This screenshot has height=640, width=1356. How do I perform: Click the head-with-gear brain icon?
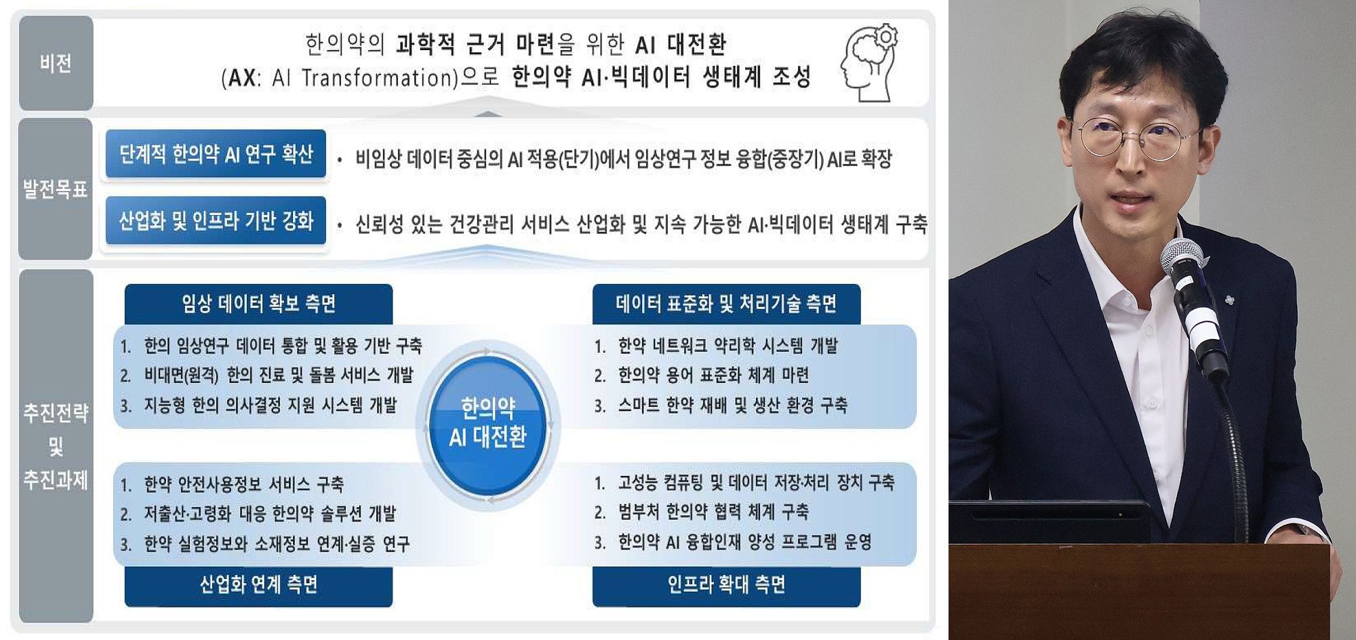click(870, 63)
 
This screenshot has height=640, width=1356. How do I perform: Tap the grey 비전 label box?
click(56, 63)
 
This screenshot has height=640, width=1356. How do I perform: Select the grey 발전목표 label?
click(56, 189)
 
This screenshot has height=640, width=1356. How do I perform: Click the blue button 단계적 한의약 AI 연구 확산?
click(216, 154)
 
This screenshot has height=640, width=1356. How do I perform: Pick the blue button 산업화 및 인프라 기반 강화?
click(216, 220)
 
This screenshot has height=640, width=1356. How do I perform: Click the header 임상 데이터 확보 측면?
click(258, 304)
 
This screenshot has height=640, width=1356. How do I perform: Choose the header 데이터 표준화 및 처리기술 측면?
click(726, 304)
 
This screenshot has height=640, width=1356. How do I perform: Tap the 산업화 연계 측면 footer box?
click(258, 585)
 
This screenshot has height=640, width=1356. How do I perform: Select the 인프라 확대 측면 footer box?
click(726, 585)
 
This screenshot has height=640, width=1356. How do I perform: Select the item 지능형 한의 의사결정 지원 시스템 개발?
click(270, 405)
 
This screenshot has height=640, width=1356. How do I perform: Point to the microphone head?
click(1184, 260)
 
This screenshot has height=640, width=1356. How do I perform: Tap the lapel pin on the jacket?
click(1230, 300)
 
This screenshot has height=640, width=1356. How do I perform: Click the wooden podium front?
click(1139, 590)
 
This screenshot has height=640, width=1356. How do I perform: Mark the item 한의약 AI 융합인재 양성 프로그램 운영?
click(744, 542)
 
